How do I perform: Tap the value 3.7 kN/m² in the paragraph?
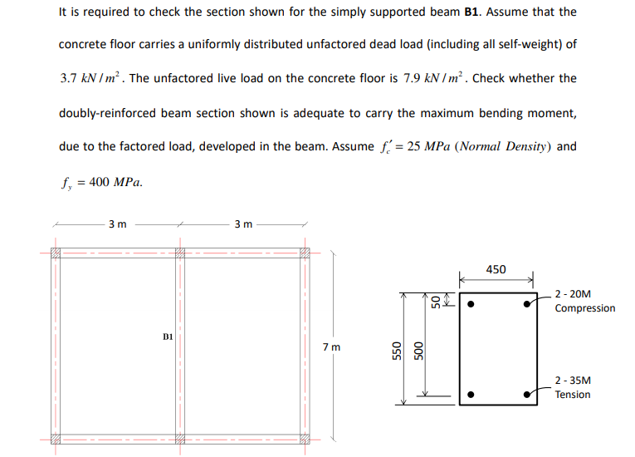point(93,79)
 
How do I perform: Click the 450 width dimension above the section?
point(496,269)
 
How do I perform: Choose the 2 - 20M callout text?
point(573,294)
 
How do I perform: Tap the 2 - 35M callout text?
point(573,380)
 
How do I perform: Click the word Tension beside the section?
point(573,394)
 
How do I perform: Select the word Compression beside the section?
point(585,308)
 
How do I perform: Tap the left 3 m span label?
point(117,224)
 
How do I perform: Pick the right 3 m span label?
point(243,224)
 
